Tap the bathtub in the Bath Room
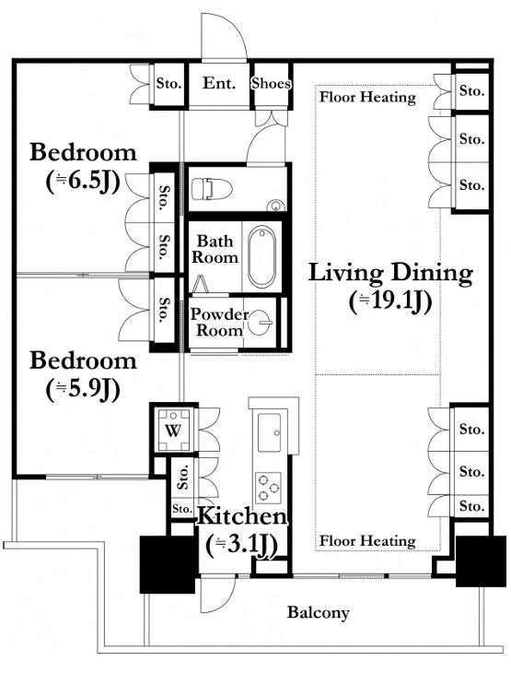pos(261,256)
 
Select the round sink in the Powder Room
pos(261,323)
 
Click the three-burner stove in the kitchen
pos(268,487)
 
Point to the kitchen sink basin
pos(269,432)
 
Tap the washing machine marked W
pos(173,431)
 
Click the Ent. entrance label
pos(219,83)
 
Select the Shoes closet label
pos(271,83)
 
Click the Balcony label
pos(319,612)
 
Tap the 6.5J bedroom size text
pos(83,182)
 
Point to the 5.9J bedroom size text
pos(83,389)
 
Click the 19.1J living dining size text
pos(390,301)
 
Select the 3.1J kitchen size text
pos(242,545)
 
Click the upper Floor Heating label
pos(367,97)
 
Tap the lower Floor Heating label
pos(367,541)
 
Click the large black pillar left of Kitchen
pos(168,564)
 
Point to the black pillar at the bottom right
pos(475,561)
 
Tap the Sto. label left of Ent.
pos(168,83)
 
